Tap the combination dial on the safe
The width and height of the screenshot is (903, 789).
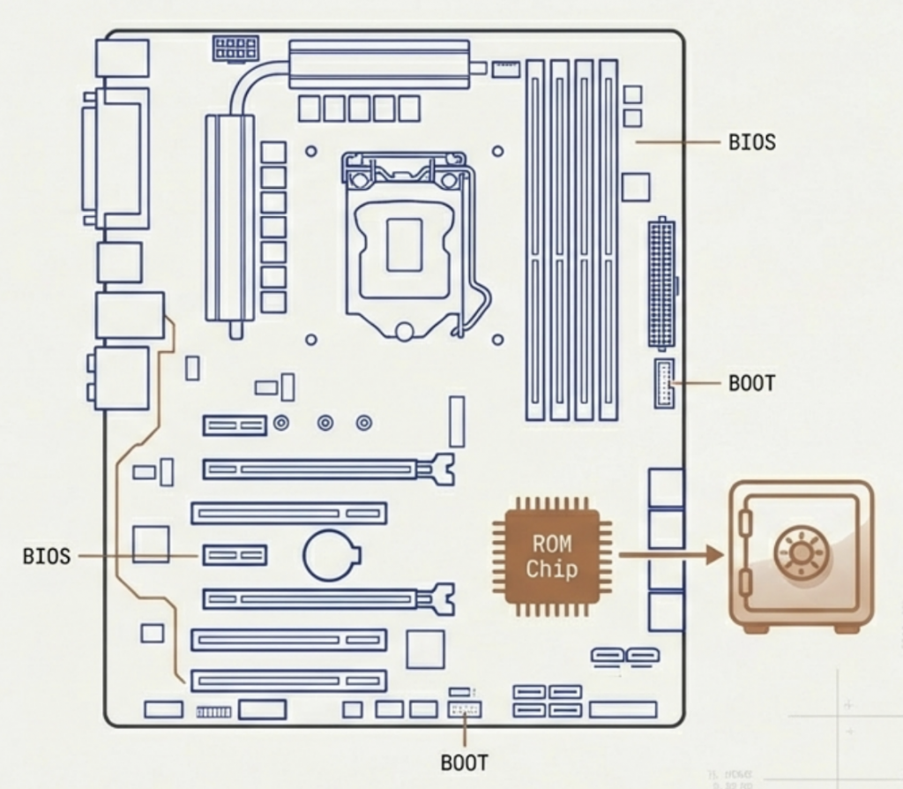click(x=801, y=554)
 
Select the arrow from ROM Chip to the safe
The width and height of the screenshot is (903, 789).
click(x=670, y=555)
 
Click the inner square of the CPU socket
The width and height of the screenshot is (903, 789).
click(x=405, y=244)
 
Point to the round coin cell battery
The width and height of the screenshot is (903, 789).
click(x=331, y=554)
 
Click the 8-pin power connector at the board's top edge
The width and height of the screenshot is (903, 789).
click(x=235, y=48)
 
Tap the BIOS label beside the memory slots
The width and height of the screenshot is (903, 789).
click(x=752, y=141)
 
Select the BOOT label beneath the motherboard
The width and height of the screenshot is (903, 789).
click(x=464, y=762)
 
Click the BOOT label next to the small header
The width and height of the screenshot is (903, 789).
click(x=752, y=384)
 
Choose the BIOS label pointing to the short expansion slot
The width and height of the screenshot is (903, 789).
click(x=46, y=556)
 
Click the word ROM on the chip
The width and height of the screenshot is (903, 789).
click(x=552, y=544)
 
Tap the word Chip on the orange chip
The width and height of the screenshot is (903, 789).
click(x=552, y=569)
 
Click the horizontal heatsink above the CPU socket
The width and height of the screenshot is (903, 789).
click(x=379, y=64)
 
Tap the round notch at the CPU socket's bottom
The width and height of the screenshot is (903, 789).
click(x=405, y=332)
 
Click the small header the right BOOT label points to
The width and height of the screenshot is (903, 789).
click(x=663, y=383)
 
